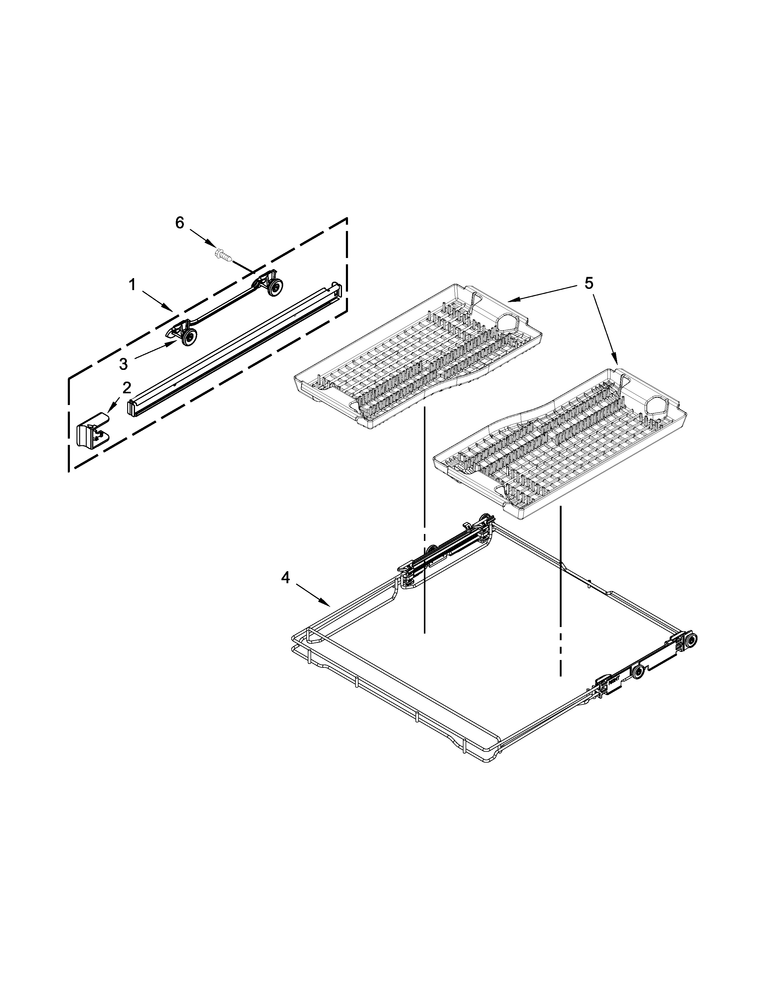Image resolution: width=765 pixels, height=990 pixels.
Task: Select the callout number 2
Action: [x=126, y=388]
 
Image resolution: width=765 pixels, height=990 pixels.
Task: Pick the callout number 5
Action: [x=588, y=283]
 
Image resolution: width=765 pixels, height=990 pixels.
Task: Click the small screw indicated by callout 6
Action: [x=223, y=254]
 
